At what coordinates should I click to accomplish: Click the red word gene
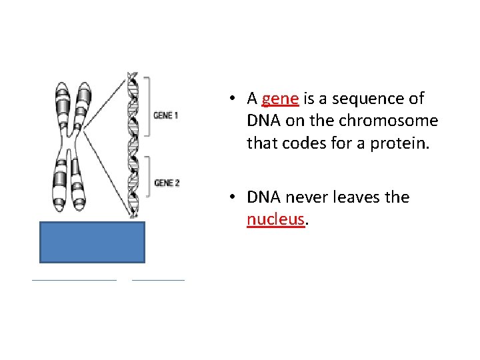click(280, 99)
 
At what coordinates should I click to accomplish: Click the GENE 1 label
click(166, 115)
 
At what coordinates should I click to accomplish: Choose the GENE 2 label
click(167, 183)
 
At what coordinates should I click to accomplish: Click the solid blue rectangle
click(91, 243)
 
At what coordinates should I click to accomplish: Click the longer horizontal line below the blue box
click(74, 280)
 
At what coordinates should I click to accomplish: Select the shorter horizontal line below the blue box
click(159, 280)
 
